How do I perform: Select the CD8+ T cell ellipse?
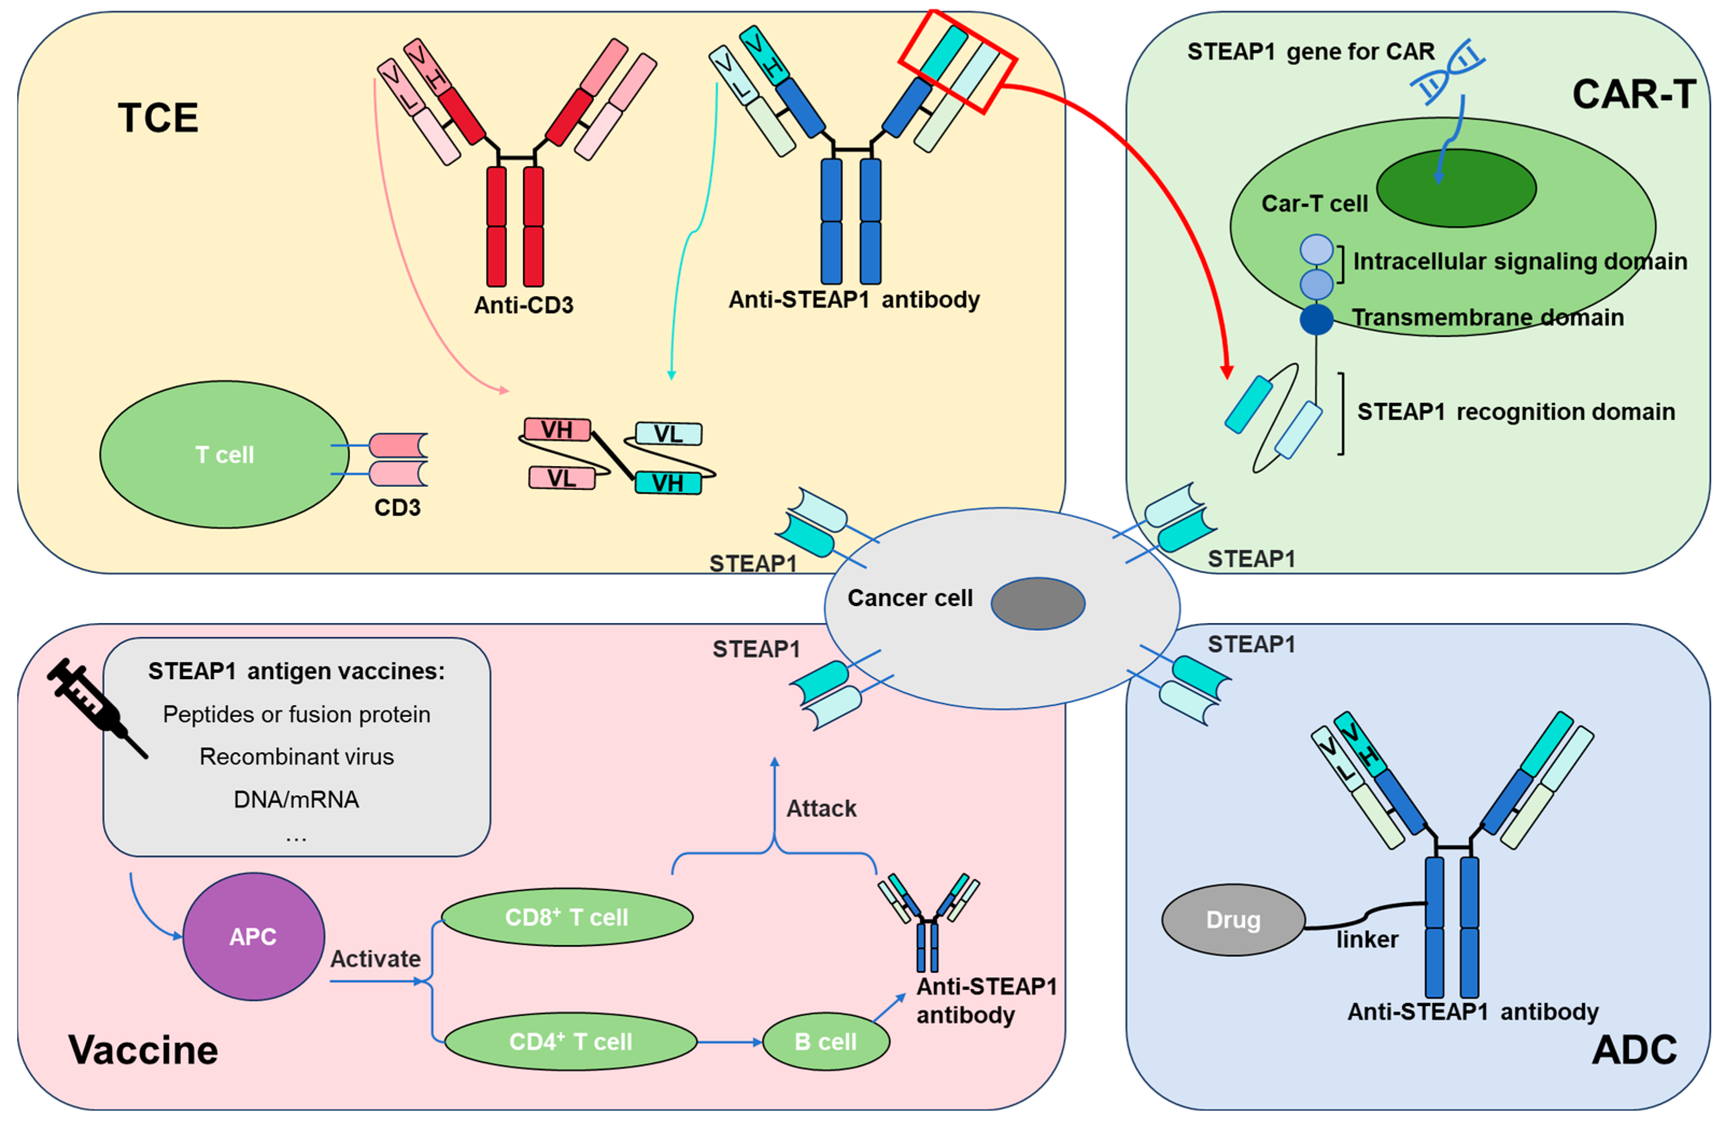pos(566,916)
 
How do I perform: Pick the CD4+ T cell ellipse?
pos(570,1041)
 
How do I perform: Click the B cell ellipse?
pos(825,1041)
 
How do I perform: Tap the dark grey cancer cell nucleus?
pos(1037,603)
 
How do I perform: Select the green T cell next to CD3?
pos(224,454)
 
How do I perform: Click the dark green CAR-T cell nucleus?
pos(1456,188)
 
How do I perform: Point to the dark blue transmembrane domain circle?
pos(1316,319)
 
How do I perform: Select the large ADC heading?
pos(1634,1049)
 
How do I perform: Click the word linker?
pos(1367,939)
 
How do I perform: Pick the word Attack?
pos(821,808)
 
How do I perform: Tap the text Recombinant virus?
pos(296,756)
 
